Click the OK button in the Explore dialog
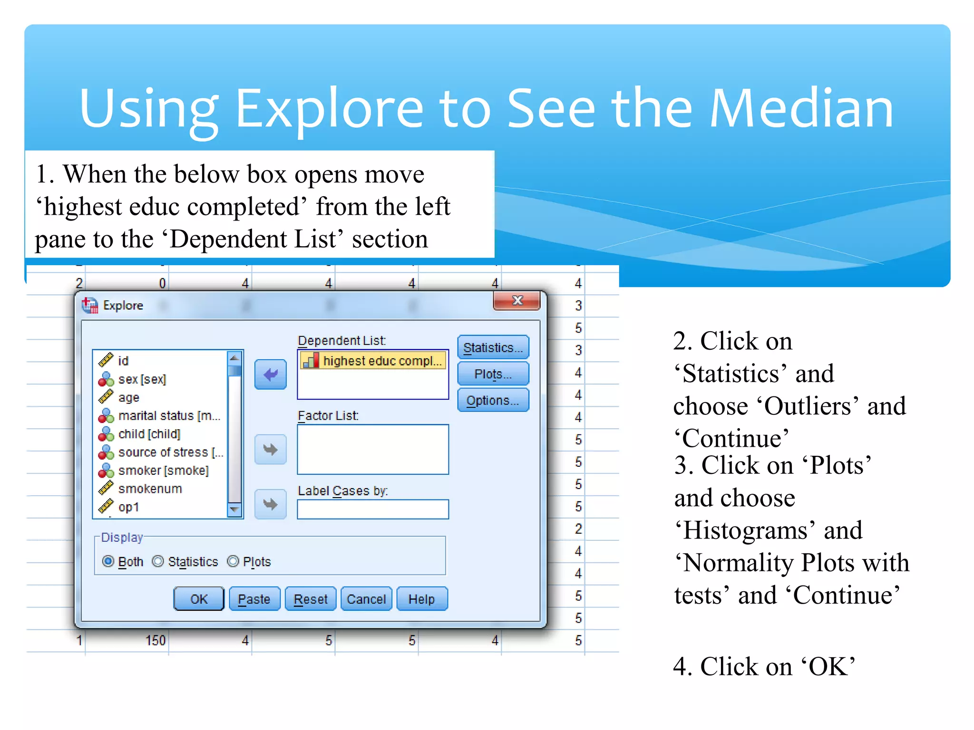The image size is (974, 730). click(199, 599)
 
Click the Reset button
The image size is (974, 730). click(311, 599)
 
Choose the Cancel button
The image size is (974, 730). click(366, 599)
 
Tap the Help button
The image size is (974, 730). click(422, 599)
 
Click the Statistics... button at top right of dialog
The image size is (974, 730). click(493, 347)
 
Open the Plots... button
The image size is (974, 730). click(493, 374)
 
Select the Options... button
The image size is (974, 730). click(493, 400)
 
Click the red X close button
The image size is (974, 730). click(517, 301)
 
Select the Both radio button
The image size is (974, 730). click(108, 561)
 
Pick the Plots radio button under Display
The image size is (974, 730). click(233, 561)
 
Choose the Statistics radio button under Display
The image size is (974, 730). click(158, 561)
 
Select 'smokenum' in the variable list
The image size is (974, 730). click(150, 489)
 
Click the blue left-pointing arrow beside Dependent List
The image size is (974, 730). click(270, 375)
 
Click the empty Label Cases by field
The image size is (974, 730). click(372, 509)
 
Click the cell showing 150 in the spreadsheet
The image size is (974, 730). click(156, 640)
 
